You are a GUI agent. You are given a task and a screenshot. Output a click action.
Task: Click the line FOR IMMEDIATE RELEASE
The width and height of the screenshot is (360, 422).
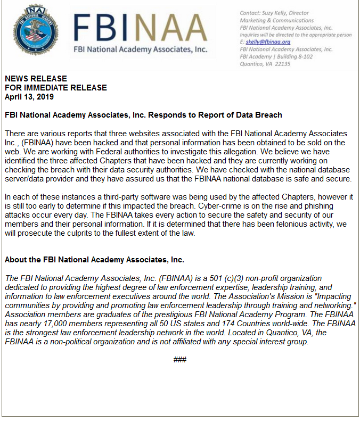tap(55, 88)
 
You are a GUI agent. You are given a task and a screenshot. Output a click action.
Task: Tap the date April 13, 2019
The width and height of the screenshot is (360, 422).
tap(29, 96)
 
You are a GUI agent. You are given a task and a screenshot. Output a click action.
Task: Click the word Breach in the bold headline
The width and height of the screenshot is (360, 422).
tap(268, 114)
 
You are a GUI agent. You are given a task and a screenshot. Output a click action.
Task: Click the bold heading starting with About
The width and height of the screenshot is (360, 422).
tap(94, 260)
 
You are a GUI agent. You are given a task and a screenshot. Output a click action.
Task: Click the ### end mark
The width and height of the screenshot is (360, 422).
tap(180, 360)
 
